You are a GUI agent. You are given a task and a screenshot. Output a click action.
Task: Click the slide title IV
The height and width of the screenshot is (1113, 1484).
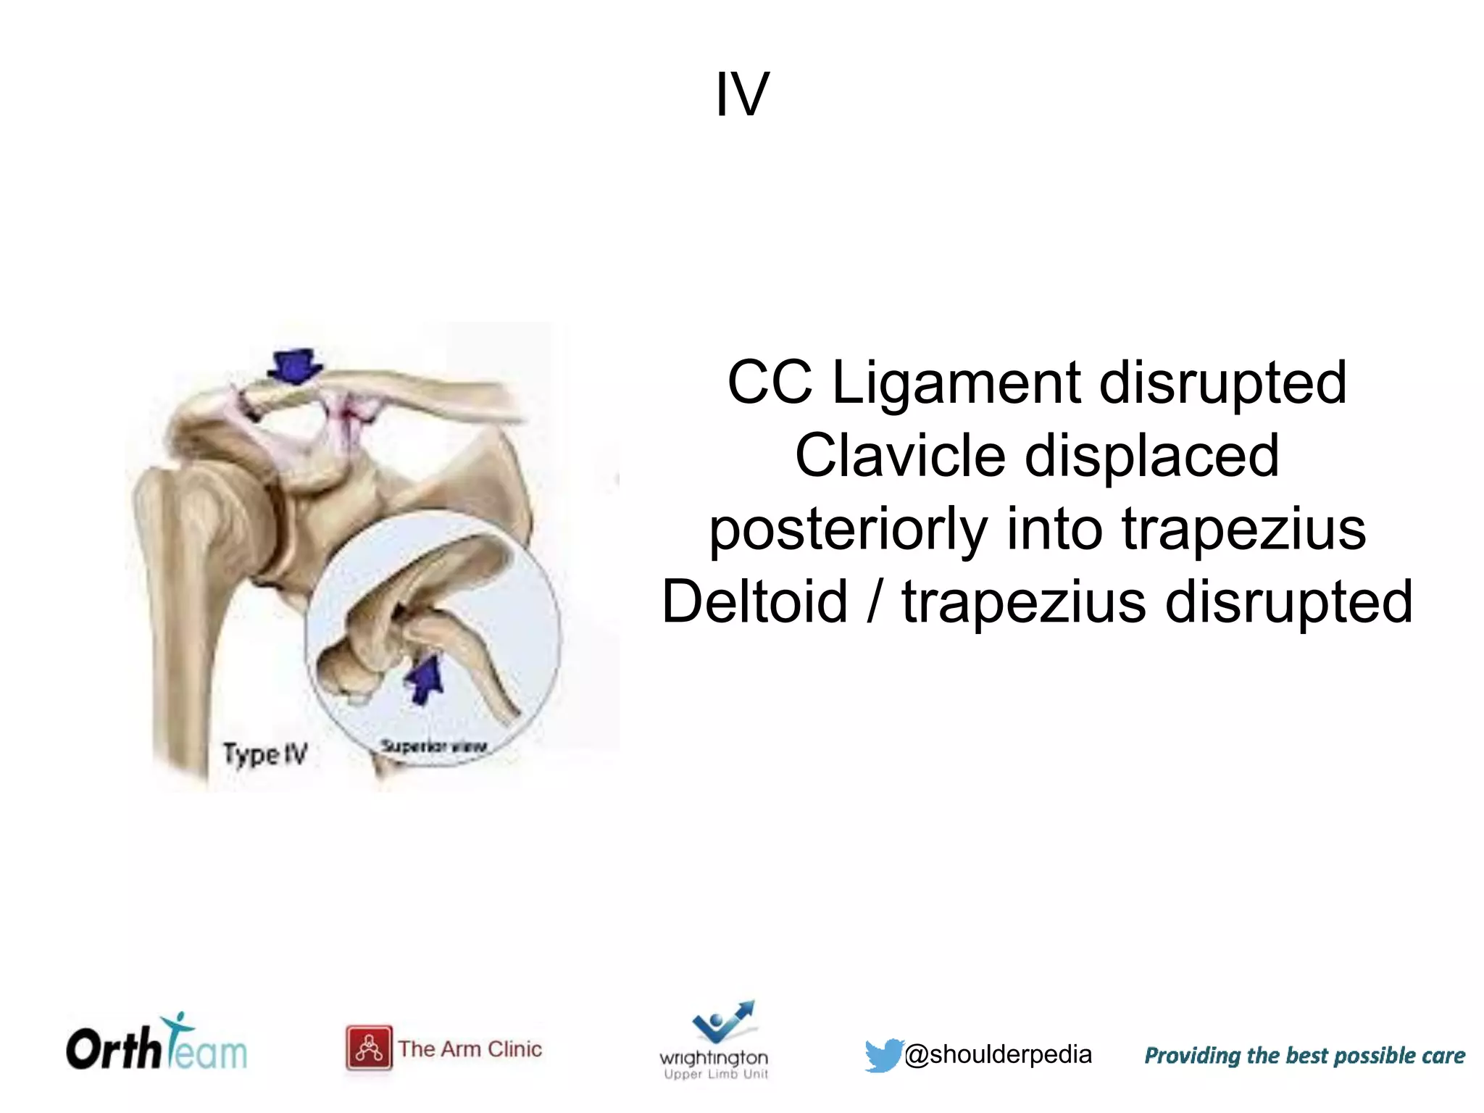pyautogui.click(x=742, y=95)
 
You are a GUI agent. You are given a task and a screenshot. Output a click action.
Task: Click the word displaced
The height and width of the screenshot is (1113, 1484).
pyautogui.click(x=1152, y=456)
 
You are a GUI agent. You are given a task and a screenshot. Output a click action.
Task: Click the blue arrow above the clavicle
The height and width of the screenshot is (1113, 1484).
pyautogui.click(x=294, y=366)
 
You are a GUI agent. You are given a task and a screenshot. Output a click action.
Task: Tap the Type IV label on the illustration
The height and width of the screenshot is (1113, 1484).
pyautogui.click(x=265, y=754)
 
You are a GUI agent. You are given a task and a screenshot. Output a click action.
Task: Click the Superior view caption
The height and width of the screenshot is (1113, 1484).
pyautogui.click(x=433, y=746)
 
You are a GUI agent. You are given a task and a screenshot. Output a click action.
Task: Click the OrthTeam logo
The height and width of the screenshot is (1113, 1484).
pyautogui.click(x=157, y=1046)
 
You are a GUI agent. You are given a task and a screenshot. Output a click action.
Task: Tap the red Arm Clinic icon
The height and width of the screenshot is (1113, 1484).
pyautogui.click(x=369, y=1048)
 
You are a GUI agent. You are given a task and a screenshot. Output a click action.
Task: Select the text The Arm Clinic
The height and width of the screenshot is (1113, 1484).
pyautogui.click(x=470, y=1049)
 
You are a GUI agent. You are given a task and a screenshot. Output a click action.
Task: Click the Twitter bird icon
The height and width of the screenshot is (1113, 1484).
pyautogui.click(x=883, y=1054)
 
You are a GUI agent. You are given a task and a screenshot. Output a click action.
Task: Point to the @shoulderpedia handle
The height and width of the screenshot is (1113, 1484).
pyautogui.click(x=998, y=1054)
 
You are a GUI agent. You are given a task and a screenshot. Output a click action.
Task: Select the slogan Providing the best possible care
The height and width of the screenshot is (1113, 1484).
pyautogui.click(x=1304, y=1055)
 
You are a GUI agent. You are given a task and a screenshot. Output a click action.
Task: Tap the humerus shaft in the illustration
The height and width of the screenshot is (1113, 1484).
pyautogui.click(x=181, y=652)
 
